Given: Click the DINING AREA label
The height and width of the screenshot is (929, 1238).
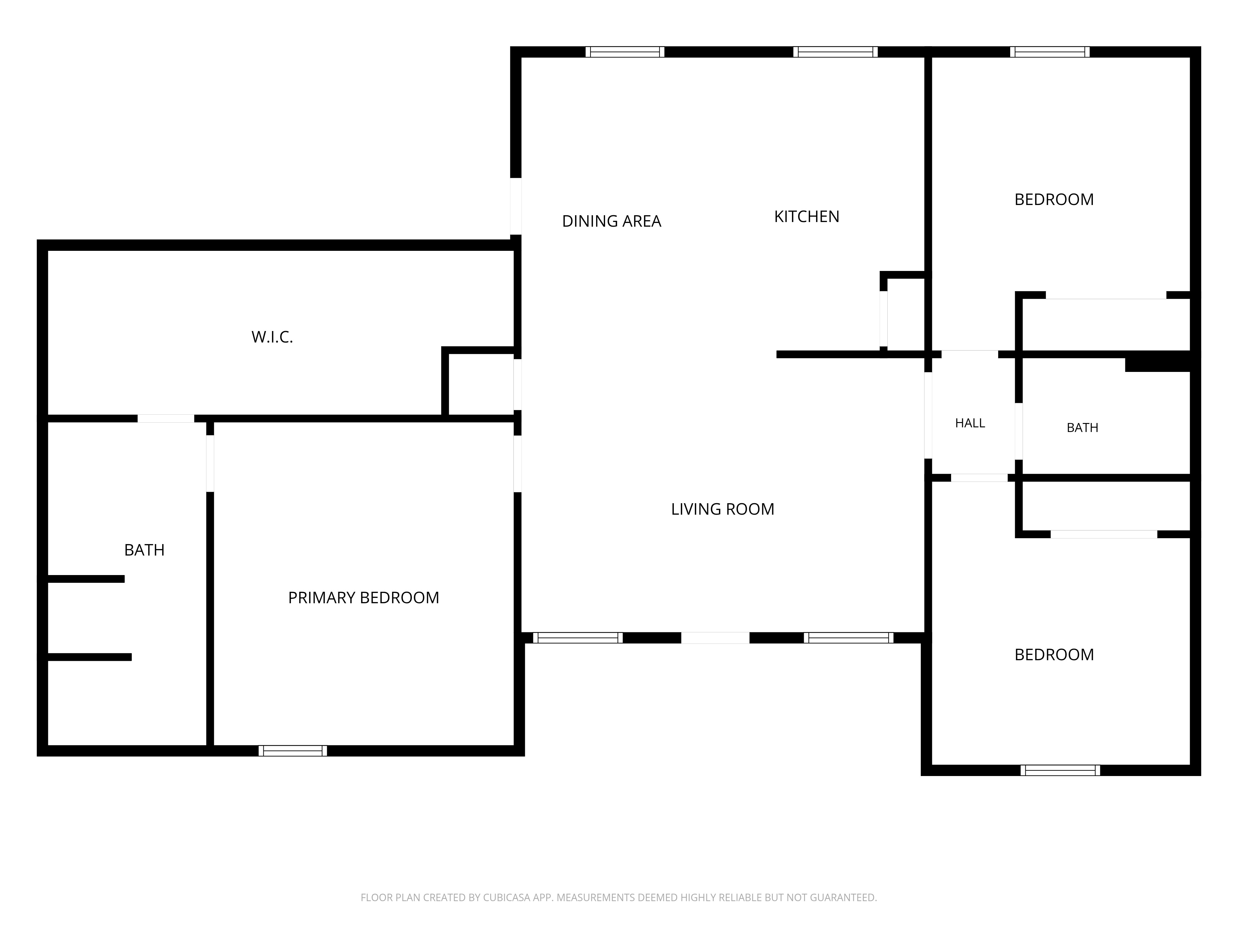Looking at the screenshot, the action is click(611, 221).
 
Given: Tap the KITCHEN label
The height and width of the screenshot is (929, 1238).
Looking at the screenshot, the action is click(807, 217).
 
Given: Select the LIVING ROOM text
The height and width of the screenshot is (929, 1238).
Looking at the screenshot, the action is click(723, 509).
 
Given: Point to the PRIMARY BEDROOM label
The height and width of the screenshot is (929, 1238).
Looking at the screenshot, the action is click(363, 598).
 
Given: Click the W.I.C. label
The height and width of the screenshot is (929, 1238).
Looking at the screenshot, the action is click(272, 337).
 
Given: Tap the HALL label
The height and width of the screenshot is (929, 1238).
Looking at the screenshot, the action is click(970, 423).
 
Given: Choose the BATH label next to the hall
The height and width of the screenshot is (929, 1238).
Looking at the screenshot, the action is click(1082, 428).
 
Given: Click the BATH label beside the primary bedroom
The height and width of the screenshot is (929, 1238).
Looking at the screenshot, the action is click(145, 551).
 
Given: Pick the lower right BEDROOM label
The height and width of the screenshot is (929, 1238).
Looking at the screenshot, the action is click(1054, 655).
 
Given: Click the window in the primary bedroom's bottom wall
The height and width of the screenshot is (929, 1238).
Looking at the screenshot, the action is click(293, 751).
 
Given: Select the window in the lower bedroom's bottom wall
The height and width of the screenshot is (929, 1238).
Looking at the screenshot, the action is click(1060, 770).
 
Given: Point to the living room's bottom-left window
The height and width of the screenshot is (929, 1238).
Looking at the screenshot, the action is click(578, 638).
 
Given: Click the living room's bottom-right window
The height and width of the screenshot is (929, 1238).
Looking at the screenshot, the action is click(848, 638).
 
